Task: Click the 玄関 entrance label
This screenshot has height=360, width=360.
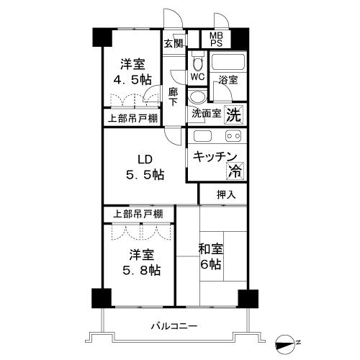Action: pyautogui.click(x=173, y=43)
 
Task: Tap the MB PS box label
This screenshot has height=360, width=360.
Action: pyautogui.click(x=217, y=39)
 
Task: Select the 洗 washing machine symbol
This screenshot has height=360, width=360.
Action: pyautogui.click(x=234, y=113)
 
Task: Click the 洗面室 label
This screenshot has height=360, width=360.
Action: pyautogui.click(x=207, y=114)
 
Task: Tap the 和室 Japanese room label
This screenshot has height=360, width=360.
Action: pyautogui.click(x=212, y=248)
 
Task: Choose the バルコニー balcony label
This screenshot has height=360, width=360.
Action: pyautogui.click(x=174, y=325)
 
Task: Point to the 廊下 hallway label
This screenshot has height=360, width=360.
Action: pyautogui.click(x=174, y=96)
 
